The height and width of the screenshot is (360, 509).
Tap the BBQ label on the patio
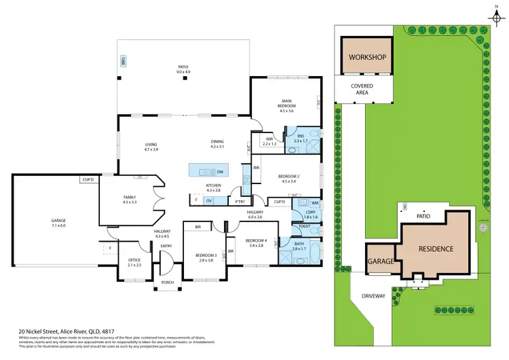124,60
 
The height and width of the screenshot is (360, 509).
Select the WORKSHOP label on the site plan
367,56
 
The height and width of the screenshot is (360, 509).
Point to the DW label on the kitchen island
221,170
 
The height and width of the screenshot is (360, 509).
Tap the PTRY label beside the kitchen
240,201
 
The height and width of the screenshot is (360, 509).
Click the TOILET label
304,226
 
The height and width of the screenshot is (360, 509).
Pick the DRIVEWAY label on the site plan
373,296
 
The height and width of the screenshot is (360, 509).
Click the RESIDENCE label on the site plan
435,249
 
